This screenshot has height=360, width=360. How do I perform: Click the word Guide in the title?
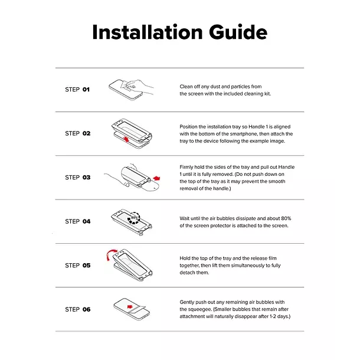click(x=238, y=32)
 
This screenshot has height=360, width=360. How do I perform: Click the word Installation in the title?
click(x=148, y=32)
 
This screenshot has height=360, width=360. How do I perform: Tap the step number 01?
click(x=86, y=89)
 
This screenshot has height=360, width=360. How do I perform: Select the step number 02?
click(x=87, y=133)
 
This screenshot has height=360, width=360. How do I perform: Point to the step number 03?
click(x=87, y=178)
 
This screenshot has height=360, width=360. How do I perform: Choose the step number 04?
click(x=87, y=221)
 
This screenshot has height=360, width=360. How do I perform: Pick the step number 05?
click(x=87, y=266)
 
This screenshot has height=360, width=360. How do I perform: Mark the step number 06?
click(x=87, y=309)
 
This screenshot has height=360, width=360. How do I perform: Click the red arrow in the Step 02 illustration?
click(x=126, y=139)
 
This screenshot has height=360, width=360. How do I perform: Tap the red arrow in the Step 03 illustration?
click(x=156, y=178)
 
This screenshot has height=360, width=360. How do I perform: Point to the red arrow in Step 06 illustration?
click(x=130, y=307)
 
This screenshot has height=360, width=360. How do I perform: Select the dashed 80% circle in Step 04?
click(x=134, y=218)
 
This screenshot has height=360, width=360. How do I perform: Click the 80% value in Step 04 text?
click(x=286, y=218)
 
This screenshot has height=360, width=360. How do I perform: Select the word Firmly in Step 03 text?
click(x=186, y=167)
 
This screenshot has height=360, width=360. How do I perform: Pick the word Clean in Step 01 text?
click(x=186, y=87)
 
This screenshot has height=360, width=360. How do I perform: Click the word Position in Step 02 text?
click(x=188, y=127)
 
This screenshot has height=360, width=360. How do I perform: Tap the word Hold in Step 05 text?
click(x=185, y=258)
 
